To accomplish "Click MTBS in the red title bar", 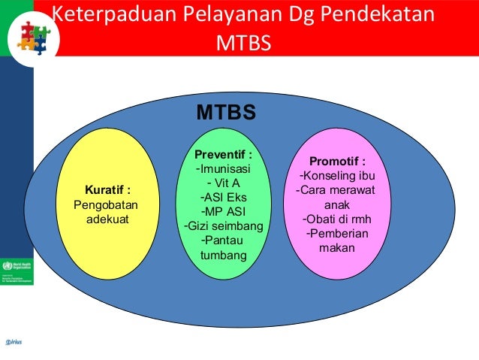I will point(242,42).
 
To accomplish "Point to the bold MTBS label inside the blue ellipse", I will point(226,113).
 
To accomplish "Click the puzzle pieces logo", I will point(34,38).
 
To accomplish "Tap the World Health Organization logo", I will point(17,269).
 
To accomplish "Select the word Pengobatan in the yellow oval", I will point(107,204).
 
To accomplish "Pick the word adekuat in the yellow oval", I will point(107,219).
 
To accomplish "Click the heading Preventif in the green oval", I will point(224,154).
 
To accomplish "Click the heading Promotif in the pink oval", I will point(338,162).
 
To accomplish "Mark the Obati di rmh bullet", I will point(338,219).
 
